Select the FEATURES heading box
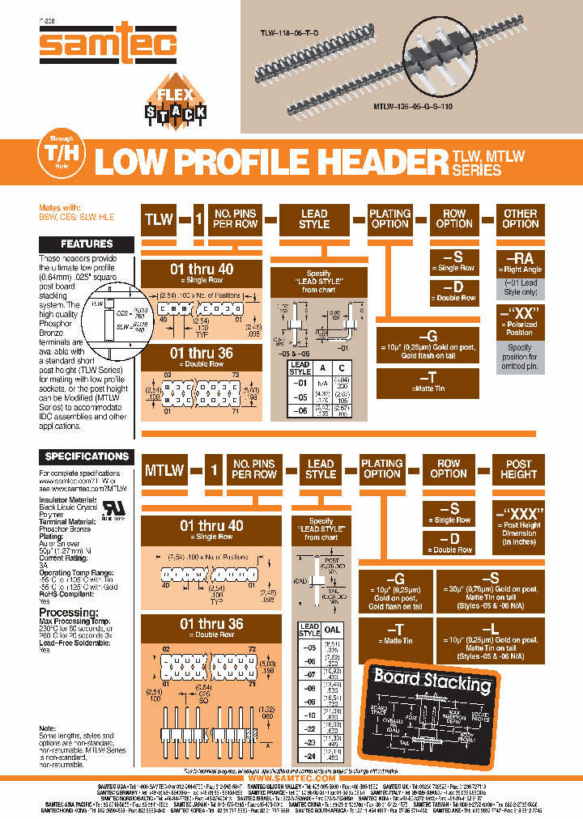pyautogui.click(x=87, y=244)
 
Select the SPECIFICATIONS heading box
pyautogui.click(x=87, y=456)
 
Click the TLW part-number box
pyautogui.click(x=160, y=219)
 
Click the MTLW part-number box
pyautogui.click(x=164, y=469)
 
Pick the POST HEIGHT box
pyautogui.click(x=519, y=469)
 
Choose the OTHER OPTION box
pyautogui.click(x=521, y=219)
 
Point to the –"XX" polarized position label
pyautogui.click(x=520, y=313)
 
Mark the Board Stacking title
pyautogui.click(x=432, y=681)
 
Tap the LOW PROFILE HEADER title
pyautogui.click(x=270, y=162)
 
